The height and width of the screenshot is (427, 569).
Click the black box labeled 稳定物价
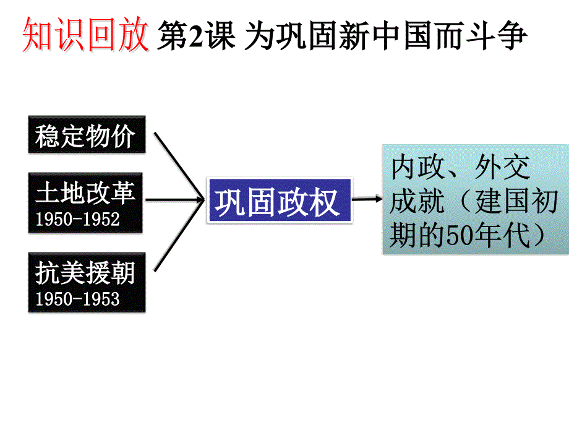86,135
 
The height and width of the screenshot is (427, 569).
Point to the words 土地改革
85,193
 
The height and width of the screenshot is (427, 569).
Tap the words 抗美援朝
85,273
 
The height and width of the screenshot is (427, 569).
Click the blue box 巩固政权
278,201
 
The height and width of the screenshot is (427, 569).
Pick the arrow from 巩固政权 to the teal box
367,199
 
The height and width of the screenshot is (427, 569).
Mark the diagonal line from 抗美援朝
178,238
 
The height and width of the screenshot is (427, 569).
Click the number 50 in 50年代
458,236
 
